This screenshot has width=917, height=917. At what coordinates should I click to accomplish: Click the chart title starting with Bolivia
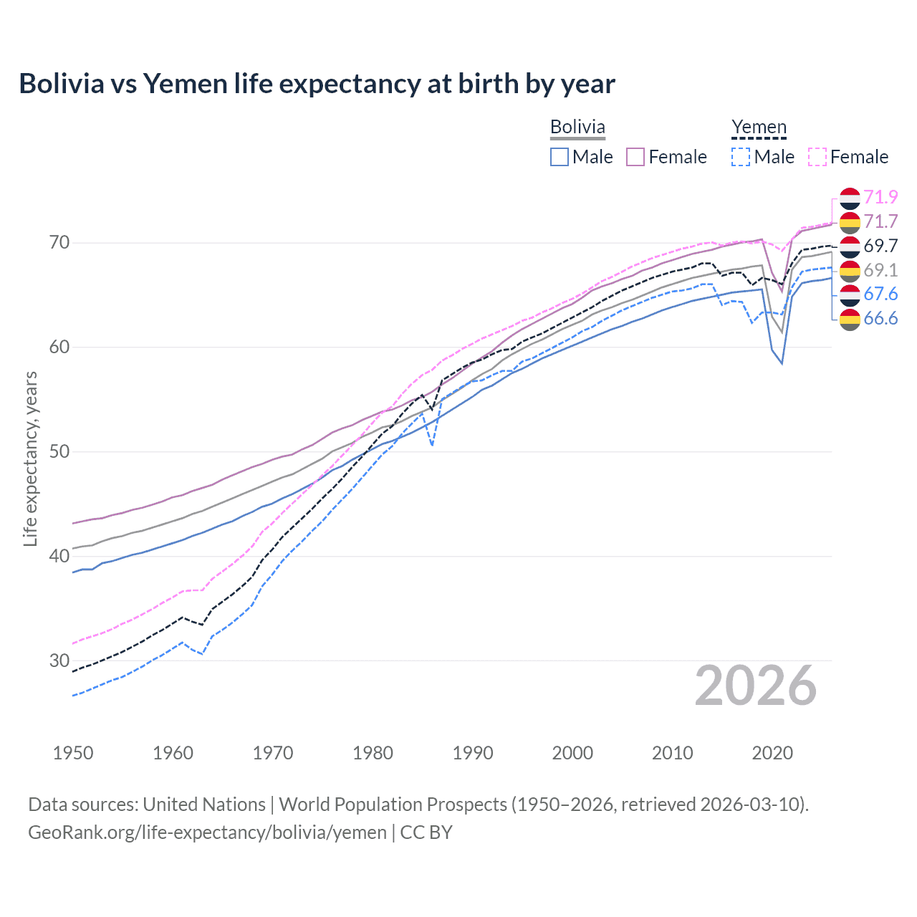click(317, 84)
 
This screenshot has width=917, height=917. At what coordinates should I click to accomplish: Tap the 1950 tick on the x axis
click(73, 753)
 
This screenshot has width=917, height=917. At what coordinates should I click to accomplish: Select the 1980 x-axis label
click(373, 753)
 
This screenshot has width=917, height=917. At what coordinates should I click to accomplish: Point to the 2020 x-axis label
click(772, 753)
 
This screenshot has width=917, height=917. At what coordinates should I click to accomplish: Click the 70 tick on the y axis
click(59, 243)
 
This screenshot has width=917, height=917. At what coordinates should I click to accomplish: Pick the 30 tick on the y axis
click(59, 661)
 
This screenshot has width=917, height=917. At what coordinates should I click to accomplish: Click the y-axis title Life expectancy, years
click(30, 458)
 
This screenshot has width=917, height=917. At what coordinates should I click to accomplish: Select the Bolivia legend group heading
click(577, 128)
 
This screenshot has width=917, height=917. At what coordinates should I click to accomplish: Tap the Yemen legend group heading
click(759, 128)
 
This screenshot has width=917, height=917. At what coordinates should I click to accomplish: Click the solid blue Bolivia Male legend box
click(560, 157)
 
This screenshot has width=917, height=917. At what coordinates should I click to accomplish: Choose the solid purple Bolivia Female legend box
click(635, 157)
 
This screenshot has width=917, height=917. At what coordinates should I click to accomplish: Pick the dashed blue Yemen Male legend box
click(741, 157)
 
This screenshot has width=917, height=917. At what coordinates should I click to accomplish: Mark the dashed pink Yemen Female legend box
click(817, 157)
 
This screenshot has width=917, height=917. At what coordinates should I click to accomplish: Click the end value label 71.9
click(880, 197)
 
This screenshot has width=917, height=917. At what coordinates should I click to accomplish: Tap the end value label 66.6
click(880, 319)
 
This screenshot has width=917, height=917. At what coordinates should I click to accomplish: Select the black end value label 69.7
click(880, 246)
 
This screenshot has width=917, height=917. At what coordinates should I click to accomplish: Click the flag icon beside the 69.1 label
click(850, 271)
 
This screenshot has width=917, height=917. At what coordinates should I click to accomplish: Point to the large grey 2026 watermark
click(756, 686)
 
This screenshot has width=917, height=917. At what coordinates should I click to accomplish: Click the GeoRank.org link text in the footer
click(207, 832)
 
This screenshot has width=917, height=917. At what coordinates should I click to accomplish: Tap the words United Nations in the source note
click(204, 805)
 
